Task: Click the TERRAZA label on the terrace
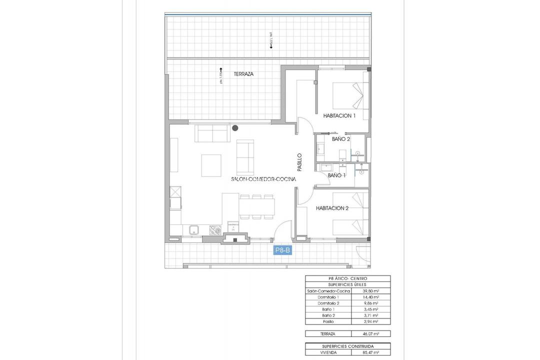tap(243, 74)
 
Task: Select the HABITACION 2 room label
tap(332, 208)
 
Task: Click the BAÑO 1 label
tap(337, 175)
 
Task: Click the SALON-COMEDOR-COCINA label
tap(263, 178)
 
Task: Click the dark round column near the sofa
tap(235, 128)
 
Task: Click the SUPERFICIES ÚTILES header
tap(348, 284)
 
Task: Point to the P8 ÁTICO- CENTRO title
tap(348, 278)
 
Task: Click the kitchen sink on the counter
tap(195, 230)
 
